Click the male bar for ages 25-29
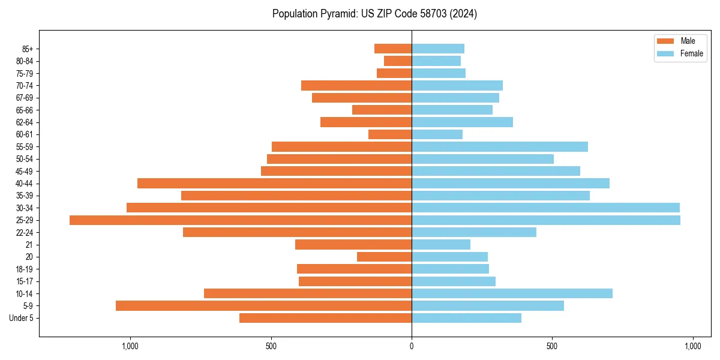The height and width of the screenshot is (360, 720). tap(240, 220)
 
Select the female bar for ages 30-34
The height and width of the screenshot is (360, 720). tap(545, 208)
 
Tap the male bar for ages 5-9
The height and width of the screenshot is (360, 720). tap(263, 305)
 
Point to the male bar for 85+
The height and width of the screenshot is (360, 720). tap(393, 49)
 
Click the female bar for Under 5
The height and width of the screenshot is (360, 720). tap(466, 318)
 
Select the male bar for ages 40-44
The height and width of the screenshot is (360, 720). tap(274, 183)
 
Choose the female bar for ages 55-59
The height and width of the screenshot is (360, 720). tap(499, 146)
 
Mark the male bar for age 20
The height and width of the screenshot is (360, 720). tap(384, 257)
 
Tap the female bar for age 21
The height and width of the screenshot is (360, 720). tap(441, 244)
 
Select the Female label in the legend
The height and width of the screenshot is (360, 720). tap(691, 53)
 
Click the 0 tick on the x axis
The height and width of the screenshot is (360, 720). tap(412, 346)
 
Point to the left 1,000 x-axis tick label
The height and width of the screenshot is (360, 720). tap(130, 346)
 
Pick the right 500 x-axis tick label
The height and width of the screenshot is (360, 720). tap(552, 346)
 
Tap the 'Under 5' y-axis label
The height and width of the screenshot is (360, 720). tap(21, 318)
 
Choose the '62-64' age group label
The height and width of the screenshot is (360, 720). tap(24, 122)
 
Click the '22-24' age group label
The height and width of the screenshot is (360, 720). tap(24, 232)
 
